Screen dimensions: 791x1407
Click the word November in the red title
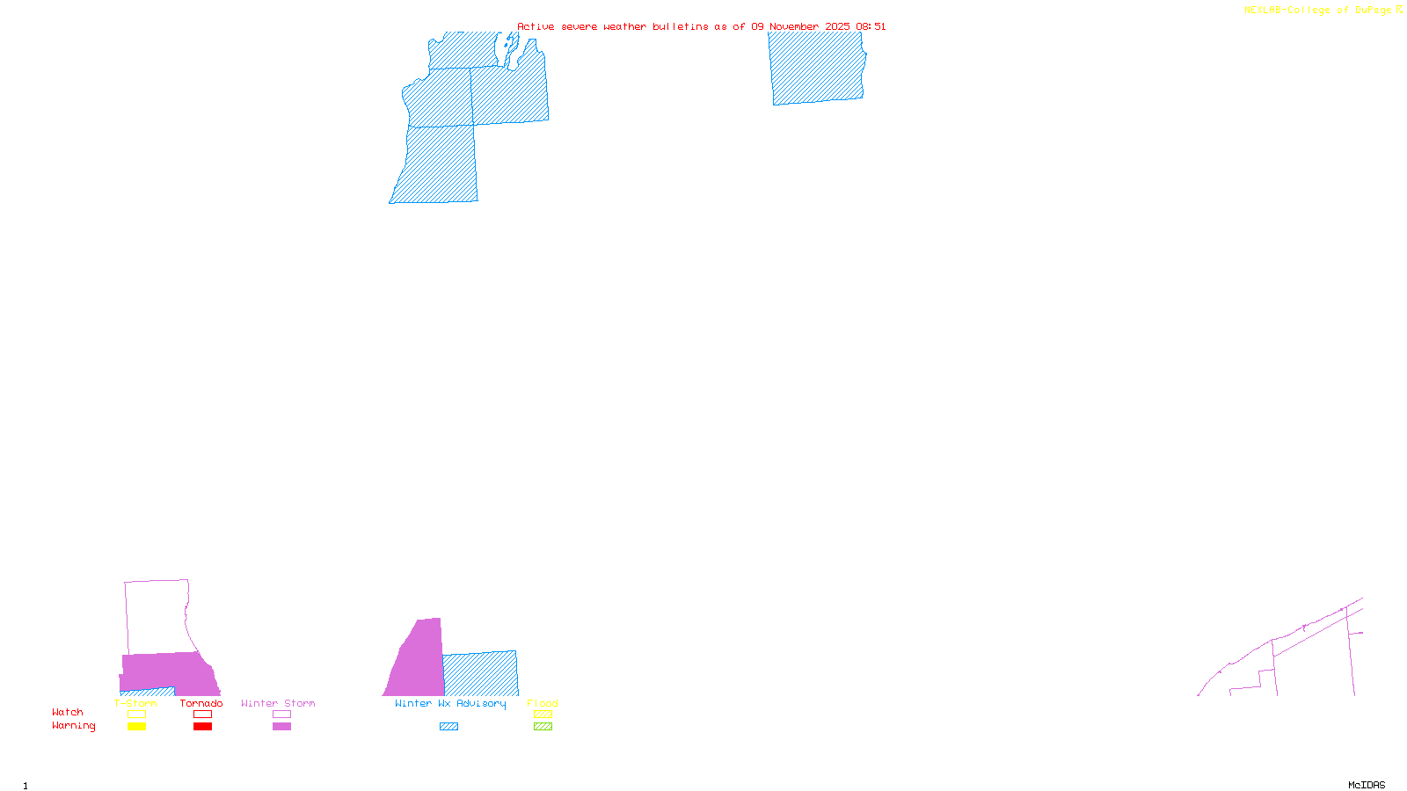(794, 26)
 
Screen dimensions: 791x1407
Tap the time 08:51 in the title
(871, 26)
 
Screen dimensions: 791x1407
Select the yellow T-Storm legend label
(135, 703)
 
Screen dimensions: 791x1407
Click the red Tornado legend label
(201, 703)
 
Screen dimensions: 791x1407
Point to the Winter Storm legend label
(278, 703)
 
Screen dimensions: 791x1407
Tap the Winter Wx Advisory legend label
(450, 703)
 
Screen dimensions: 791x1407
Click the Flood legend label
(543, 703)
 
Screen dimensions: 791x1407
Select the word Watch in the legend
(68, 712)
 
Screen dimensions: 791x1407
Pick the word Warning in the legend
(73, 726)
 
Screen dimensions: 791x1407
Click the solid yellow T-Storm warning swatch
(136, 727)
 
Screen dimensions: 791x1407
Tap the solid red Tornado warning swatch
(202, 727)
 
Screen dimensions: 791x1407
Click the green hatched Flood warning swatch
(543, 727)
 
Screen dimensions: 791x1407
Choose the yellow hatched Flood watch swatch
(543, 715)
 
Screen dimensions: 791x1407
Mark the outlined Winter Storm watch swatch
(281, 715)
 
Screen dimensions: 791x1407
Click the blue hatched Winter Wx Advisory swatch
(448, 727)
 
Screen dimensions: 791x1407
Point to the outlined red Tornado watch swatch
(202, 715)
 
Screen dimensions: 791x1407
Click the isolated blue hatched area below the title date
(816, 68)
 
